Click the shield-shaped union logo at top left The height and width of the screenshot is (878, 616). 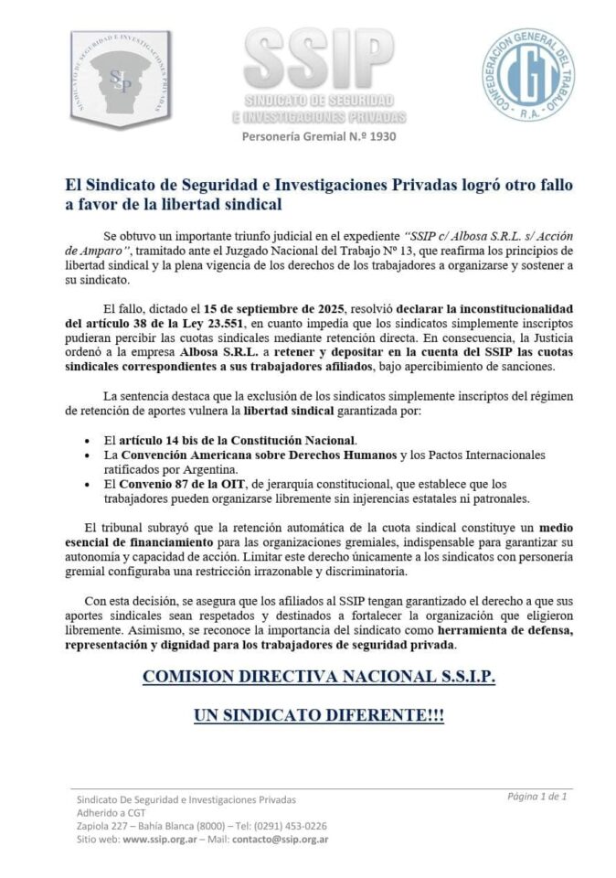[119, 78]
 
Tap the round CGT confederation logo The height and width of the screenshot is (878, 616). [528, 78]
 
